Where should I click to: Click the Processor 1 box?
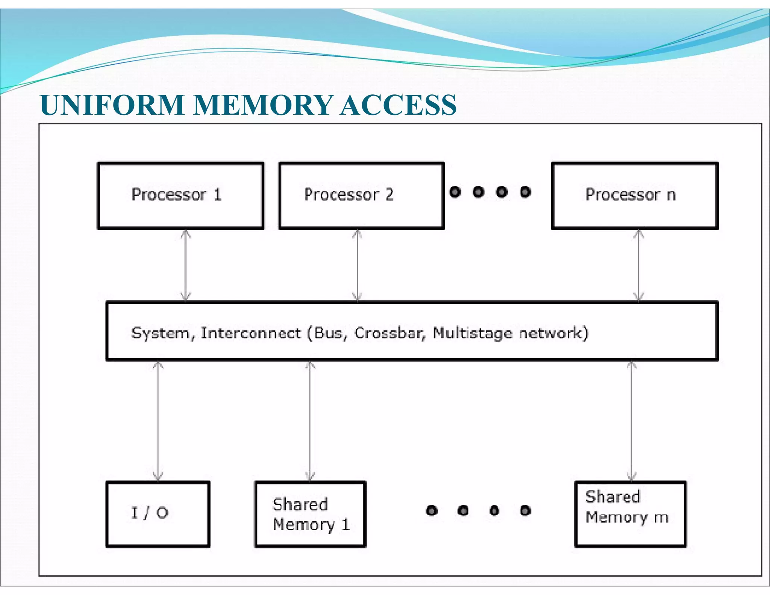(180, 196)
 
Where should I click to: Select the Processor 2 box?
(361, 196)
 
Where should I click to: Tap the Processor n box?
(635, 196)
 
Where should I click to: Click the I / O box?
(158, 514)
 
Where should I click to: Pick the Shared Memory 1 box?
(310, 514)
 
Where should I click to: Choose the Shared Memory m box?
(631, 514)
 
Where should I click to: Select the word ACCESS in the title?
(398, 105)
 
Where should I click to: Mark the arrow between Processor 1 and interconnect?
(185, 265)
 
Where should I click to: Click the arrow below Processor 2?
(357, 265)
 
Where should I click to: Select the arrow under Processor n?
(639, 265)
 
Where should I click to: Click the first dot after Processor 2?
(455, 192)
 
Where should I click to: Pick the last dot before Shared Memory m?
(525, 510)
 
